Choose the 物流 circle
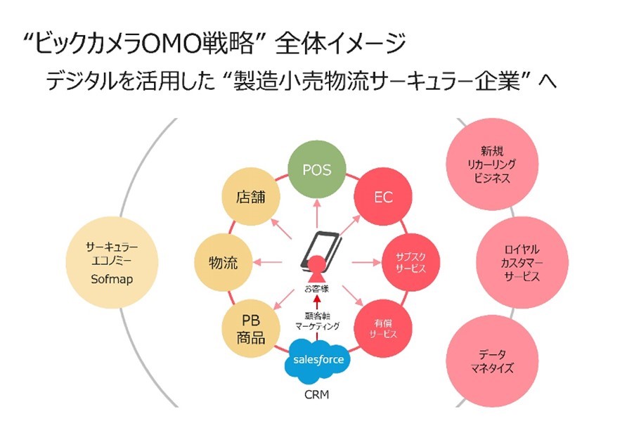(224, 264)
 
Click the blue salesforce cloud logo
(318, 360)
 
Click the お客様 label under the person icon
(316, 288)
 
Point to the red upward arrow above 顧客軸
(316, 303)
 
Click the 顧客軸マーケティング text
(316, 320)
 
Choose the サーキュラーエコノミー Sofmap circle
(112, 263)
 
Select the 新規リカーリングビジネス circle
(496, 164)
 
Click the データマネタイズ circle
(496, 361)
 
